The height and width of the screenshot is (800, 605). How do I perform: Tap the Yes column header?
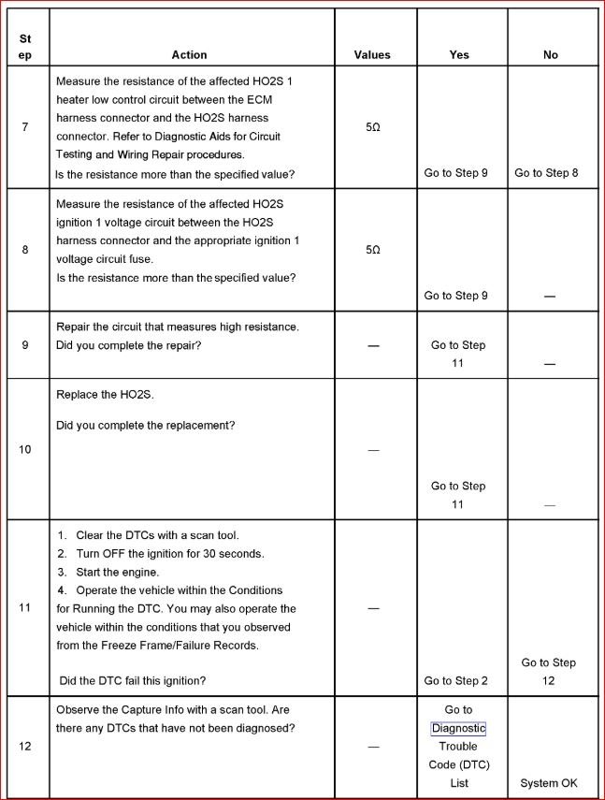[459, 55]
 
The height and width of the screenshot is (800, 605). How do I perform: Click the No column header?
[550, 55]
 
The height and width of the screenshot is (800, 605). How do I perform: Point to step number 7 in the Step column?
[24, 127]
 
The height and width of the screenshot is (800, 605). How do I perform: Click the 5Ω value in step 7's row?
[372, 127]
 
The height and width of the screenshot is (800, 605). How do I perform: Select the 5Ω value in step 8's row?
[372, 250]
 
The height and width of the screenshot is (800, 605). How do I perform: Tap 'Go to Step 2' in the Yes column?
[456, 681]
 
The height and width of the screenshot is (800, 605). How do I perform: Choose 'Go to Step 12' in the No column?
[548, 672]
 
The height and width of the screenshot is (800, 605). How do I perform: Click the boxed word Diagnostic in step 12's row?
[458, 728]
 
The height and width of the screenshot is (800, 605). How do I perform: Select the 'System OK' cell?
[549, 783]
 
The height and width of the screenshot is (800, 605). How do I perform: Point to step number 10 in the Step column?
[24, 449]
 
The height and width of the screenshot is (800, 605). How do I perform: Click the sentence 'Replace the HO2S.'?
[105, 395]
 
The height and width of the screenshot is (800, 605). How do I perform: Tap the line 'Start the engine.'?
[118, 572]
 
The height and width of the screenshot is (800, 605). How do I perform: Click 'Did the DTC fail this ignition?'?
[133, 680]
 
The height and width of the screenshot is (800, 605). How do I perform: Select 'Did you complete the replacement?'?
[146, 426]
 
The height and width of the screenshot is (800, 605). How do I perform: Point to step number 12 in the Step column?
[24, 747]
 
